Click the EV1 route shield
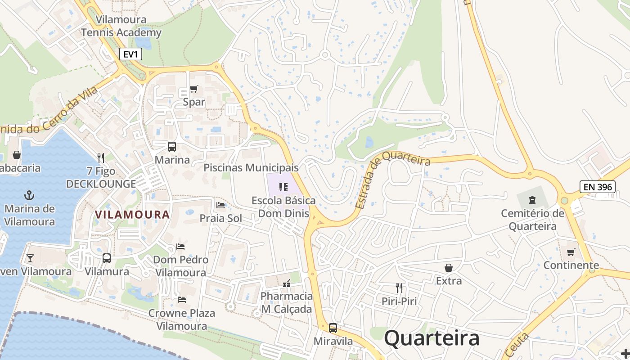point(131,54)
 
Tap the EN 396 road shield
point(597,186)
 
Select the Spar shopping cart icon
point(193,89)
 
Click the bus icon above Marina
point(172,146)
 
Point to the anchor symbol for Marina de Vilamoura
point(29,195)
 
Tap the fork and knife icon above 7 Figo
point(101,157)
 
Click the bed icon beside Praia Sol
point(220,205)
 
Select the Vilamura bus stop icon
point(107,258)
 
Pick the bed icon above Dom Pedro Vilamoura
point(180,246)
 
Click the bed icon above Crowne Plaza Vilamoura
point(181,299)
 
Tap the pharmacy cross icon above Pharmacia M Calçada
point(287,283)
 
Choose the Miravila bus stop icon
point(333,328)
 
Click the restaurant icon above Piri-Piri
point(399,288)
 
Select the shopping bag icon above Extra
point(449,268)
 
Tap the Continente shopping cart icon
point(571,252)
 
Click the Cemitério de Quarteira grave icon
point(532,200)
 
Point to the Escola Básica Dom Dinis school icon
point(283,187)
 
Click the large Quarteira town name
point(432,338)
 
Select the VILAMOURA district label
point(132,215)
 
